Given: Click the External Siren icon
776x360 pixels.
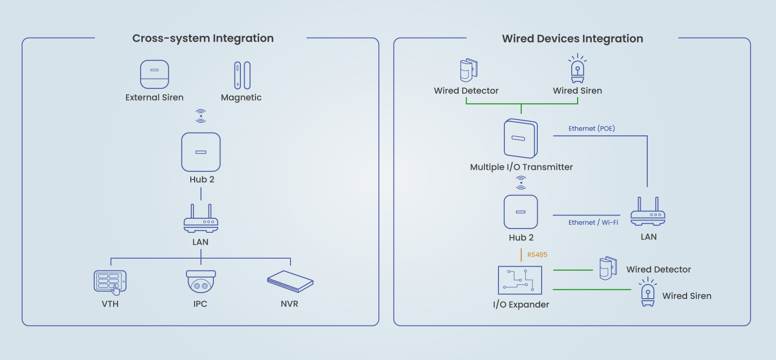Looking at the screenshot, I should click(x=155, y=74).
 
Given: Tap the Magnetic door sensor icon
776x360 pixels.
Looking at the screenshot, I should click(x=242, y=75).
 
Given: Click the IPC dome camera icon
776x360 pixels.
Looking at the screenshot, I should click(x=201, y=281).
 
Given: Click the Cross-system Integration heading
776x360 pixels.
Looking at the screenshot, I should click(x=203, y=38).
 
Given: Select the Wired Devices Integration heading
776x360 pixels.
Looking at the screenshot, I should click(x=572, y=39).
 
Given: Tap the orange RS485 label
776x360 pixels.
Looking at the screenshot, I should click(x=537, y=255).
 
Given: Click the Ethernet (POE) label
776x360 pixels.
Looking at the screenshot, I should click(x=592, y=129).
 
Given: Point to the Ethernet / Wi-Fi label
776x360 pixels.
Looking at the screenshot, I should click(x=593, y=223).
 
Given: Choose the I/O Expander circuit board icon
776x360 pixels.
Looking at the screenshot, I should click(x=521, y=280).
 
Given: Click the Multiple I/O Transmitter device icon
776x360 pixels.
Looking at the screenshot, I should click(x=521, y=139).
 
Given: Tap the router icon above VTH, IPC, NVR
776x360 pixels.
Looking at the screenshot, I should click(x=201, y=218).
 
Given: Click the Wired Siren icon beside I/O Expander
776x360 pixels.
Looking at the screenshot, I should click(x=647, y=293).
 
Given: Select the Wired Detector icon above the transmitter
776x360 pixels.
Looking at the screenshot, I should click(x=467, y=70).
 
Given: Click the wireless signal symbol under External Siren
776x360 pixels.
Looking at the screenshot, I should click(x=201, y=115).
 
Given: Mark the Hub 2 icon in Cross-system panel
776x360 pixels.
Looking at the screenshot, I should click(x=201, y=152).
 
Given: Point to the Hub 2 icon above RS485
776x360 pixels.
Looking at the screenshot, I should click(x=521, y=212).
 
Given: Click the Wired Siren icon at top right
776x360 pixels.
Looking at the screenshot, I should click(x=578, y=68).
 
